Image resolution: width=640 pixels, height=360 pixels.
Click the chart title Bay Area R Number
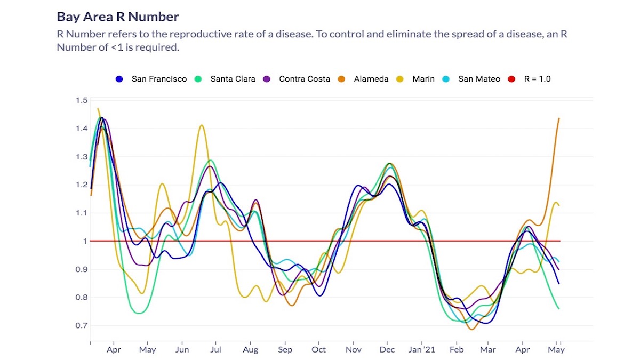[118, 17]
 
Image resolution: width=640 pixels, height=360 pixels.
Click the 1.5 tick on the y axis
[81, 100]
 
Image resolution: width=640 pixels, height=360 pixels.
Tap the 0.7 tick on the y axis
[81, 326]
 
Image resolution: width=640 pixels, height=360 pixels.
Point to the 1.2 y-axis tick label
[81, 185]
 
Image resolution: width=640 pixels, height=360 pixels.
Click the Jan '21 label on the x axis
[422, 350]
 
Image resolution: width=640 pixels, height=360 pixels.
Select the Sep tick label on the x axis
[285, 350]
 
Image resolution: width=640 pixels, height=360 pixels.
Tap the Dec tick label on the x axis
[387, 350]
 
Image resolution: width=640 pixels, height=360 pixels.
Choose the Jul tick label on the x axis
[216, 350]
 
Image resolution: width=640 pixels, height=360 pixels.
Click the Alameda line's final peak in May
[558, 118]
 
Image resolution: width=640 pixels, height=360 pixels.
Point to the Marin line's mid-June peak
[202, 125]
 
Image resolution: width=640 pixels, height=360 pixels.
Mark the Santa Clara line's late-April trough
[140, 313]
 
